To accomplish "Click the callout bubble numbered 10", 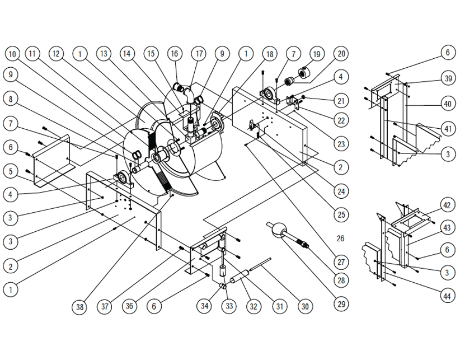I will [x=12, y=54].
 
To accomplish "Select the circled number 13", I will [x=104, y=54].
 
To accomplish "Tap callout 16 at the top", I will [x=175, y=54].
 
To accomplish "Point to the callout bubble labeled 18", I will [x=270, y=54].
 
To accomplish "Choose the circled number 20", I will [x=341, y=54].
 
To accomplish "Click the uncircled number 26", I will [x=340, y=239].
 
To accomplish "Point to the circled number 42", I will [x=447, y=205].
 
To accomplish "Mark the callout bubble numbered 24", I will [x=341, y=191].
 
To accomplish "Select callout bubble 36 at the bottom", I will [x=129, y=306].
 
